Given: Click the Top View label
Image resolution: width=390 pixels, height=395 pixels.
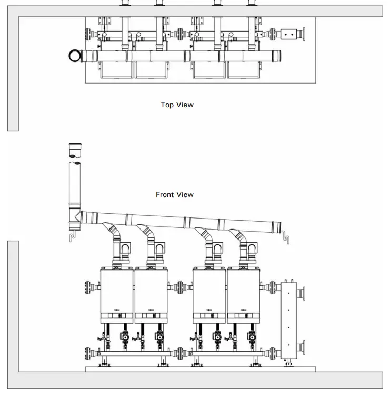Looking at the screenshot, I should pos(177,105).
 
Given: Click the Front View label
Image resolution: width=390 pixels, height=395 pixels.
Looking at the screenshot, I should pos(175,194).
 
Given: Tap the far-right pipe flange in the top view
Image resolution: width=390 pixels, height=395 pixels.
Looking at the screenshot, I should pos(304,34).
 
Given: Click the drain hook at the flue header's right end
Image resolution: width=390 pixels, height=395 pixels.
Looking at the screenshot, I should pos(285,232).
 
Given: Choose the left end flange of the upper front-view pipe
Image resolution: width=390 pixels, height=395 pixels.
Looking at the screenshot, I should pos(87,288).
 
